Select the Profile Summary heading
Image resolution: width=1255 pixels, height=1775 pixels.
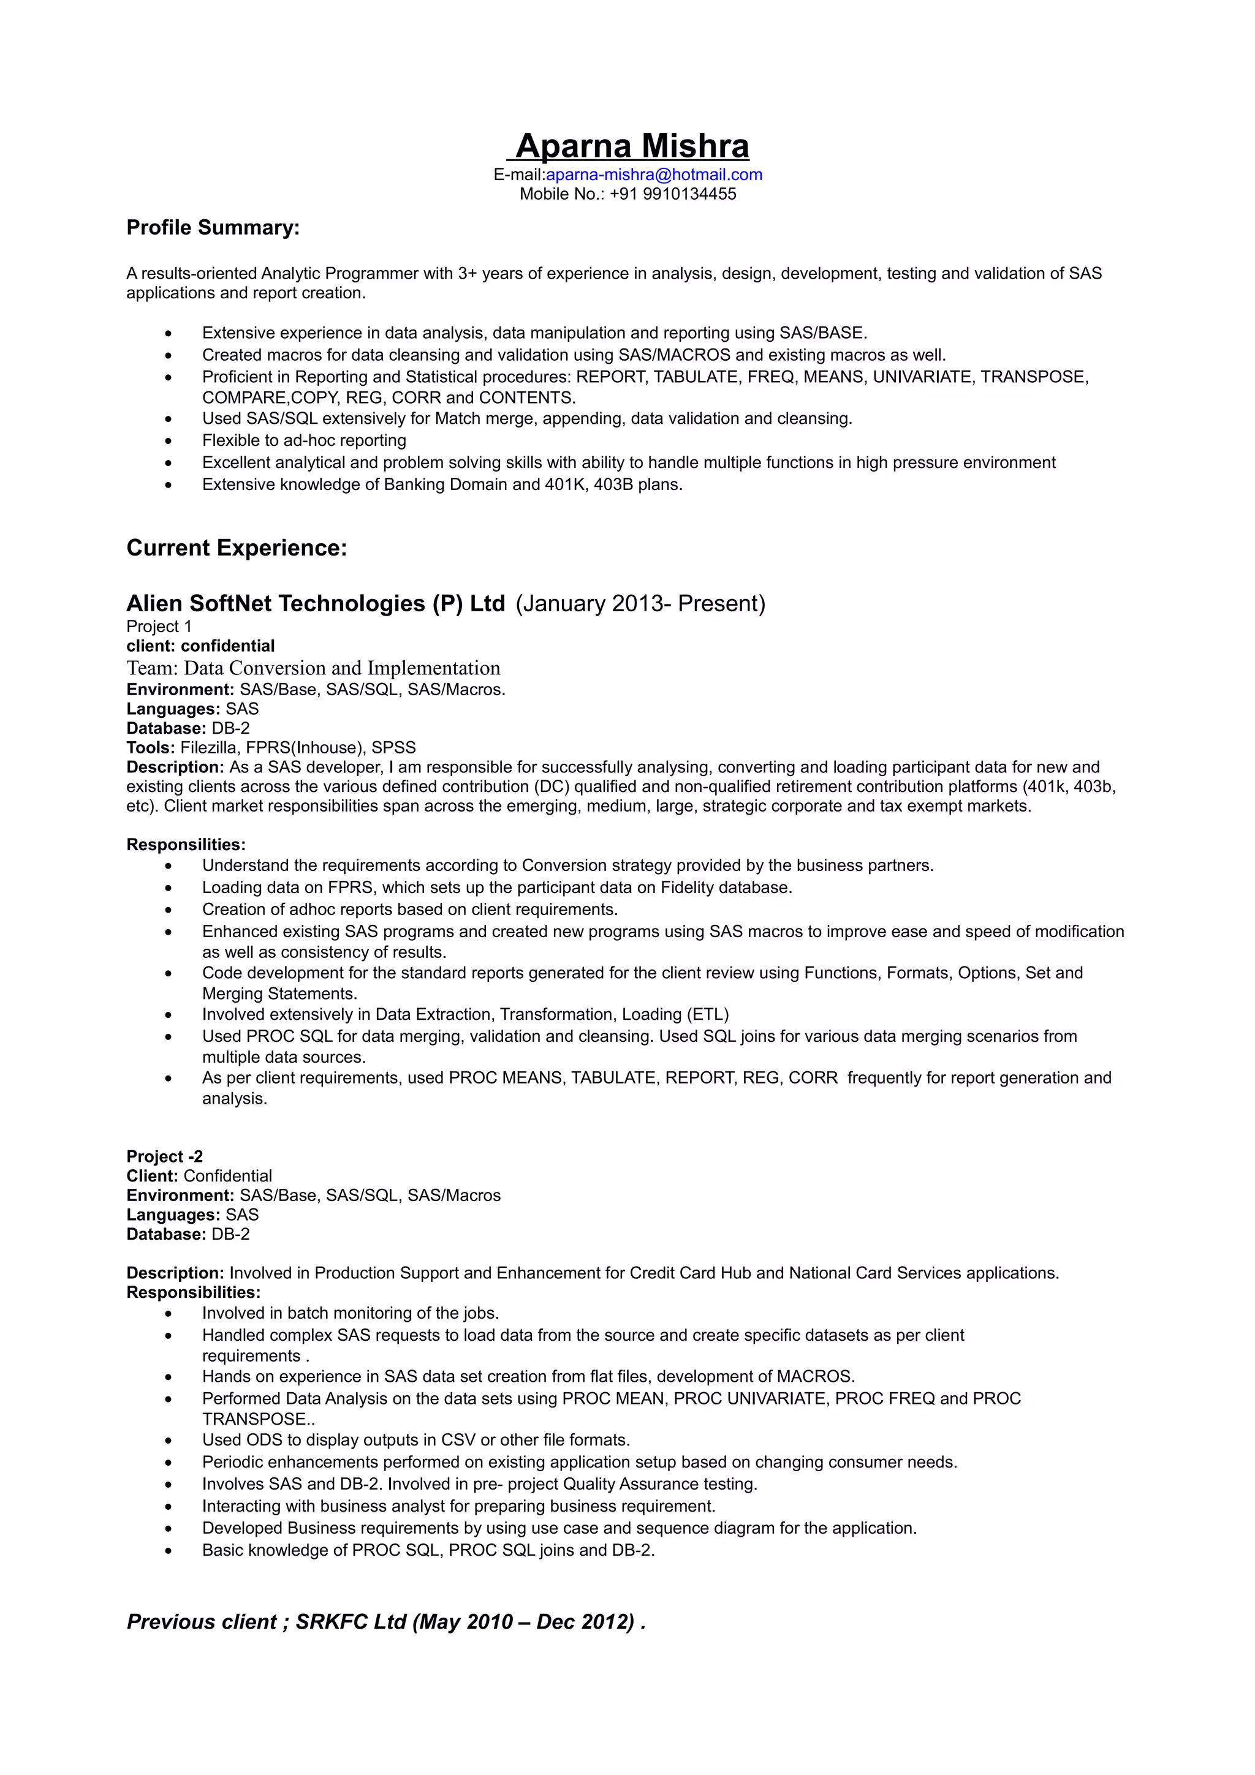pos(213,228)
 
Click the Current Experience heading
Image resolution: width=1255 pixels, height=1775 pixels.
pos(237,548)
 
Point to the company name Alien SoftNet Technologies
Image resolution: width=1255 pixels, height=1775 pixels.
pos(316,603)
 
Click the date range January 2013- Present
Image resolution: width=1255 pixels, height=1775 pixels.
pos(640,603)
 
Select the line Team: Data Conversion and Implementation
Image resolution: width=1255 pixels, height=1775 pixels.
pos(313,668)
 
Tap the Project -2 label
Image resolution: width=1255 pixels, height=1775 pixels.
pos(165,1156)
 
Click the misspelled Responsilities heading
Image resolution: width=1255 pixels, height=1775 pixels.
pos(186,844)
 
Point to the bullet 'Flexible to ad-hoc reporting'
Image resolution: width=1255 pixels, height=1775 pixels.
pos(304,440)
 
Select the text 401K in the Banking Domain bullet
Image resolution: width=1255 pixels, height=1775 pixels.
pos(566,484)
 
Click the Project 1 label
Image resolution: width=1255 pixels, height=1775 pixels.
pos(159,626)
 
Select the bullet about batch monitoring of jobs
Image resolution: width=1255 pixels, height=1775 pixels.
pos(351,1313)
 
